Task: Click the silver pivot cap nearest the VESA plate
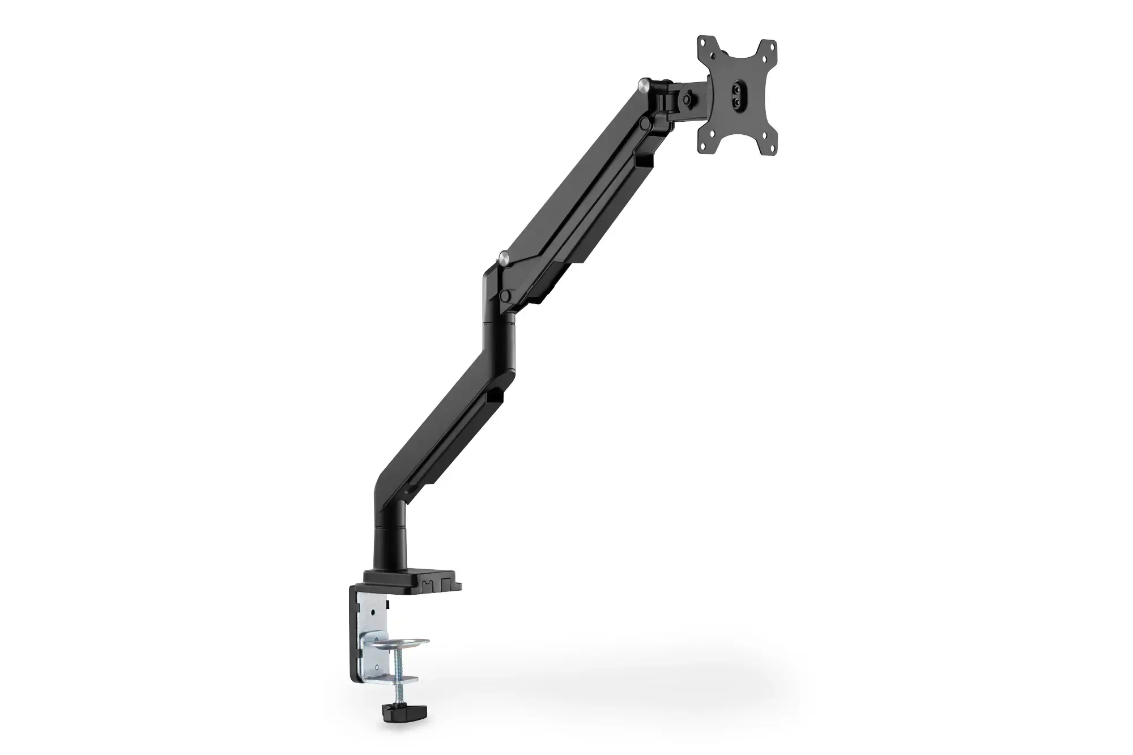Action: click(645, 85)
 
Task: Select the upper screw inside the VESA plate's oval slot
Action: click(736, 85)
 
